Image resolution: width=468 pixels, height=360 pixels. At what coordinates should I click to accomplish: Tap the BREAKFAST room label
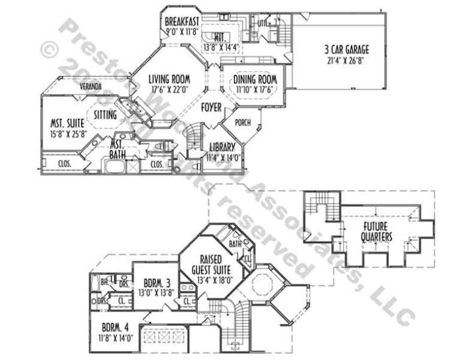click(182, 23)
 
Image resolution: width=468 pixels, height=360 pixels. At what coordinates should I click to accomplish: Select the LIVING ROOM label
click(169, 79)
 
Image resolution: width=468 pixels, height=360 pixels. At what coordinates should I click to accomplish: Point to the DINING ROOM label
click(255, 80)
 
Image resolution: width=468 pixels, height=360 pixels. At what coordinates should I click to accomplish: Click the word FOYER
click(211, 108)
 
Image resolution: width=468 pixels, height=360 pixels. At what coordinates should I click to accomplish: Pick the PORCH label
click(243, 122)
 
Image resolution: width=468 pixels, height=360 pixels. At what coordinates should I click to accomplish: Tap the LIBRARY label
click(222, 147)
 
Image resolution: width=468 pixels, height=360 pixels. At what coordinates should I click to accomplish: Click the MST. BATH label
click(118, 149)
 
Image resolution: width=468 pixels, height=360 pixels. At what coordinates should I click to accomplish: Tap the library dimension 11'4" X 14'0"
click(222, 157)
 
